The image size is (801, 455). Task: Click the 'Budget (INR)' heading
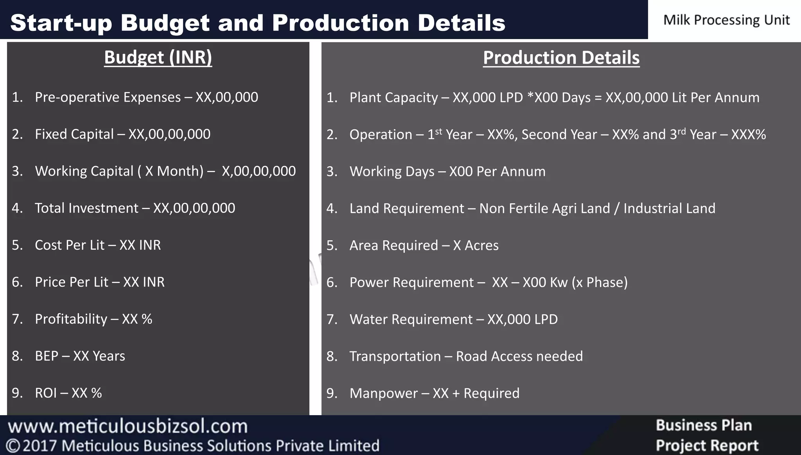(x=158, y=57)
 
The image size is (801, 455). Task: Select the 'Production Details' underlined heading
(x=561, y=58)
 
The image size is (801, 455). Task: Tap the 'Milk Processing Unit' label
(x=726, y=20)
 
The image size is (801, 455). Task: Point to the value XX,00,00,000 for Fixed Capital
(x=169, y=134)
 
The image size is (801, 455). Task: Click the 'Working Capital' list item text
(x=84, y=171)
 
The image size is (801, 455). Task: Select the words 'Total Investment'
(x=86, y=208)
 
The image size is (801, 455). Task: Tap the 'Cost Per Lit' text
(x=70, y=245)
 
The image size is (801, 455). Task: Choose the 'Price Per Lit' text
(x=72, y=282)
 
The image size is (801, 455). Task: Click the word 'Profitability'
(x=71, y=319)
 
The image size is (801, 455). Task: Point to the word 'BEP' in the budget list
(x=47, y=356)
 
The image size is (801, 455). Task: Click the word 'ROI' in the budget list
(x=46, y=393)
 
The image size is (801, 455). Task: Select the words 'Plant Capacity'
(x=393, y=98)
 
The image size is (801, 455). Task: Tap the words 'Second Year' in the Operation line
(x=559, y=134)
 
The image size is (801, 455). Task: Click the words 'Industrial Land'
(x=669, y=208)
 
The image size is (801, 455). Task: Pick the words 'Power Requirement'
(x=411, y=282)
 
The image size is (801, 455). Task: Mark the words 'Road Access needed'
(x=519, y=356)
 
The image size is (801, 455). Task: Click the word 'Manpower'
(x=383, y=393)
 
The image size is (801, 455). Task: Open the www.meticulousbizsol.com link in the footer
(x=128, y=426)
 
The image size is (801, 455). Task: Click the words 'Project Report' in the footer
(x=707, y=445)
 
